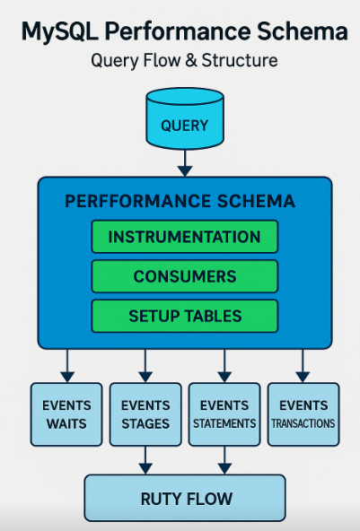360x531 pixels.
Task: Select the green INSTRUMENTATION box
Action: pyautogui.click(x=184, y=237)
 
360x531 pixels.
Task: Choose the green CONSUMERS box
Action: pyautogui.click(x=184, y=276)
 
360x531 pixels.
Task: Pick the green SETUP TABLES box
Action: pyautogui.click(x=184, y=316)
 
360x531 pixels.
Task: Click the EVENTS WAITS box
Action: pyautogui.click(x=66, y=414)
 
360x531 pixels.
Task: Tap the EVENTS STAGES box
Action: pyautogui.click(x=145, y=414)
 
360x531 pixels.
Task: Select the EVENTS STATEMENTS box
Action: pyautogui.click(x=224, y=414)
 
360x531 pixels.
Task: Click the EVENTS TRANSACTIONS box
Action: pyautogui.click(x=303, y=414)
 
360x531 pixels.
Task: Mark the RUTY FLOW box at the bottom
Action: pyautogui.click(x=185, y=498)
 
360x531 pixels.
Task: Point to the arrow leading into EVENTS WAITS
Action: pyautogui.click(x=66, y=364)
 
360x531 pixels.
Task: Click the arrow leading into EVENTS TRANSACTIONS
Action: pyautogui.click(x=303, y=364)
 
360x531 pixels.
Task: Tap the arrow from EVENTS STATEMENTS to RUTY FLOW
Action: pyautogui.click(x=224, y=460)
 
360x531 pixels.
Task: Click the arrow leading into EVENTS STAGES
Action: pyautogui.click(x=145, y=364)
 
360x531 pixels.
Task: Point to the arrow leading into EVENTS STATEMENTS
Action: pyautogui.click(x=224, y=364)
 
